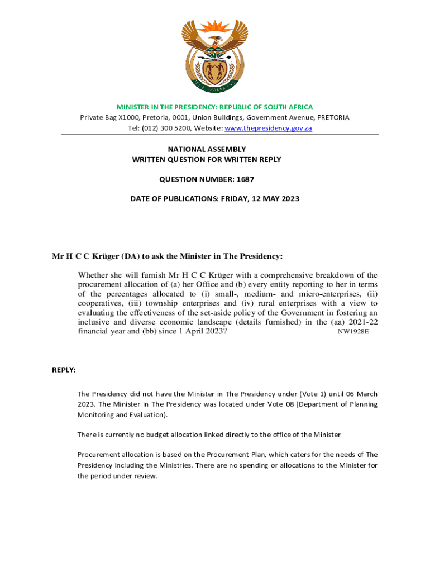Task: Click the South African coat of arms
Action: [215, 55]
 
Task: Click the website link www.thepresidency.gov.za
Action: [268, 128]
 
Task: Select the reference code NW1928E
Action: [353, 331]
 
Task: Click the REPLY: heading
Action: [64, 370]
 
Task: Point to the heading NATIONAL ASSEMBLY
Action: [207, 149]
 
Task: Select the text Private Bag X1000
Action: [109, 117]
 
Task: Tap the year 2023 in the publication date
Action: [289, 198]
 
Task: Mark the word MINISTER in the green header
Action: [133, 107]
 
